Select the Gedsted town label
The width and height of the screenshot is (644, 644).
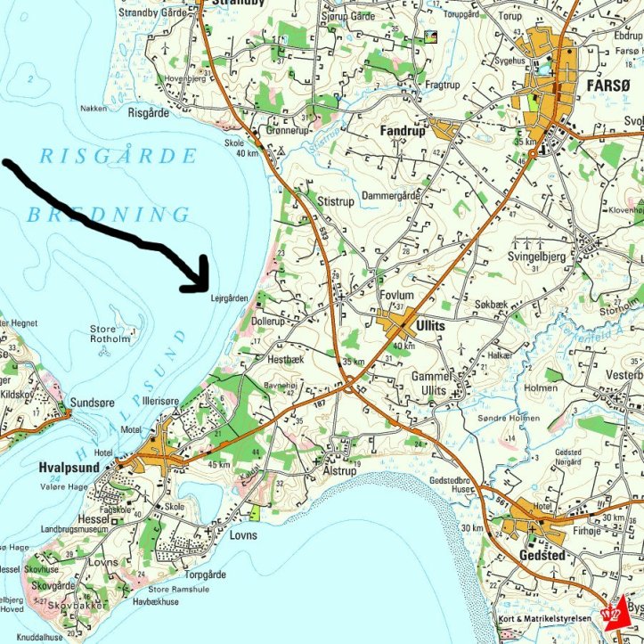coord(541,555)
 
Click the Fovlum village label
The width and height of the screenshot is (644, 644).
coord(396,295)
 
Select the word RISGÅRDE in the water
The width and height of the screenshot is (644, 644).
coord(118,157)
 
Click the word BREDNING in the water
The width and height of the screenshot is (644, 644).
coord(108,215)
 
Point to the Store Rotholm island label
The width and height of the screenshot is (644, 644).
coord(110,334)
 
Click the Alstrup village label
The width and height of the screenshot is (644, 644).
coord(338,469)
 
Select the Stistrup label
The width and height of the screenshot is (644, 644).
coord(336,202)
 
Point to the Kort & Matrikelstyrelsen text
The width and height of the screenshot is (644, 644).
coord(546,618)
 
